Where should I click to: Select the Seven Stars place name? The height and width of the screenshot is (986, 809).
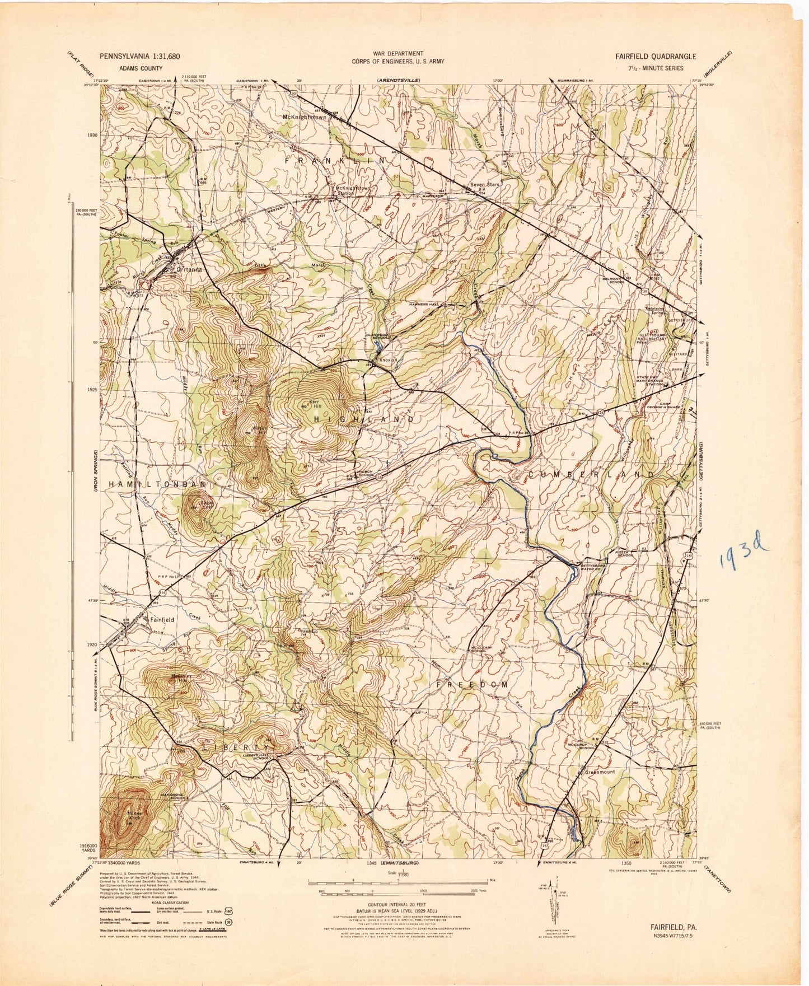pos(484,184)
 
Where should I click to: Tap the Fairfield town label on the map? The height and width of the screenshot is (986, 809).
pos(162,620)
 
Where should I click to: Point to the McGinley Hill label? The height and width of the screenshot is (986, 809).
pos(181,678)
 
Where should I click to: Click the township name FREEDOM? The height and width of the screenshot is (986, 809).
pos(473,684)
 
